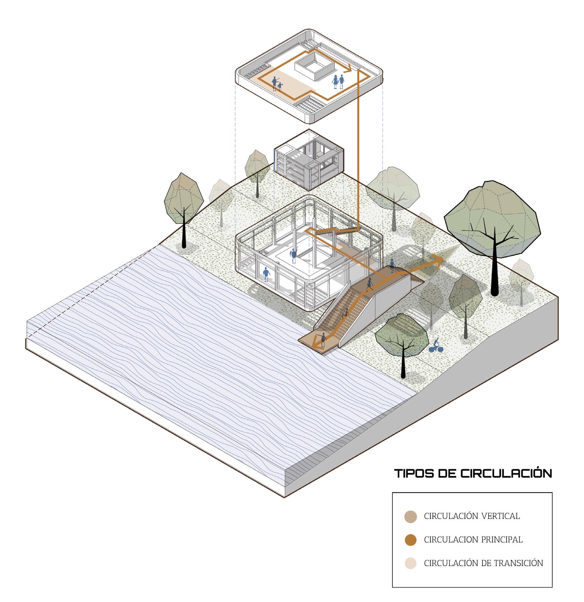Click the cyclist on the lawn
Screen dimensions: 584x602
tap(436, 346)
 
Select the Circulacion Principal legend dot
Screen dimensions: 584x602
tap(410, 540)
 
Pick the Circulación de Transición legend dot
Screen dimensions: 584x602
tap(410, 563)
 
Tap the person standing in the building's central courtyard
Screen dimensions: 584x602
tap(293, 255)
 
